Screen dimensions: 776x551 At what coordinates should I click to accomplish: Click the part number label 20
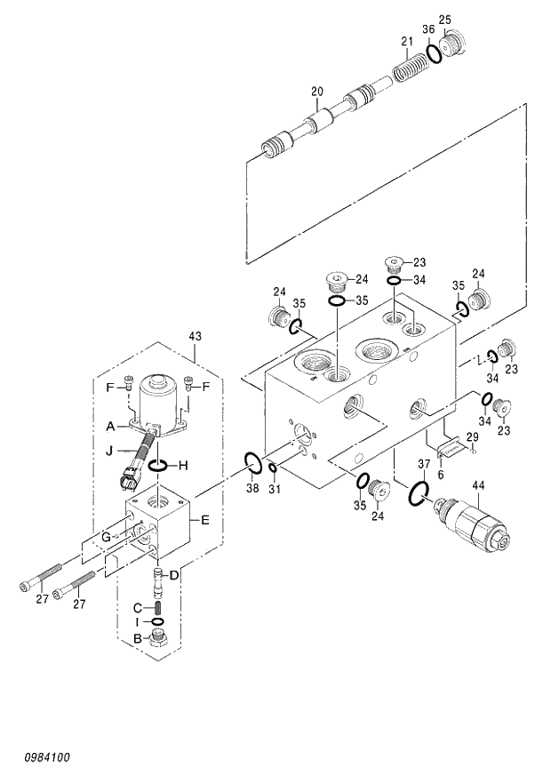[316, 91]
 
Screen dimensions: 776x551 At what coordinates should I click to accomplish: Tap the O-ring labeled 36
[434, 53]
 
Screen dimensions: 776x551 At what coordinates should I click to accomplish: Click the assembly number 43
[196, 335]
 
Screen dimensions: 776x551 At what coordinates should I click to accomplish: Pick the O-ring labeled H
[158, 467]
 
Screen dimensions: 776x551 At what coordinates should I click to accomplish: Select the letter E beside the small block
[205, 520]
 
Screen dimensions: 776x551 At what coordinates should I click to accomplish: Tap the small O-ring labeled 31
[272, 468]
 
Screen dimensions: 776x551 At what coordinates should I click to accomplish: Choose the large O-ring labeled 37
[419, 492]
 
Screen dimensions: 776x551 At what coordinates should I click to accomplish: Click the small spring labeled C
[157, 607]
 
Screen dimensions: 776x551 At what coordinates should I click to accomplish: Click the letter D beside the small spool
[175, 575]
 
